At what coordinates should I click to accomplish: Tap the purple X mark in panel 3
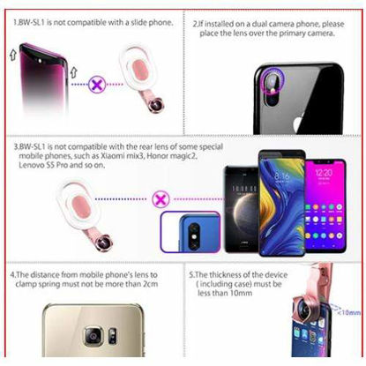pos(161,198)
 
